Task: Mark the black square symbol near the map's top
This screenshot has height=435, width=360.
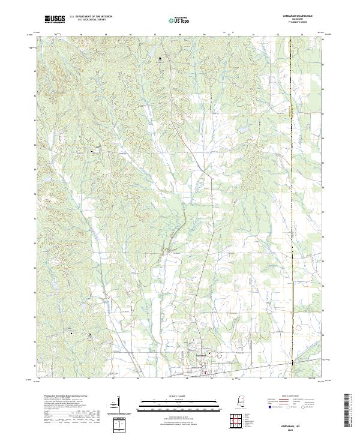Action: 160,58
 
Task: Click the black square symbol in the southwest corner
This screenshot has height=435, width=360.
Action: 90,334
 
